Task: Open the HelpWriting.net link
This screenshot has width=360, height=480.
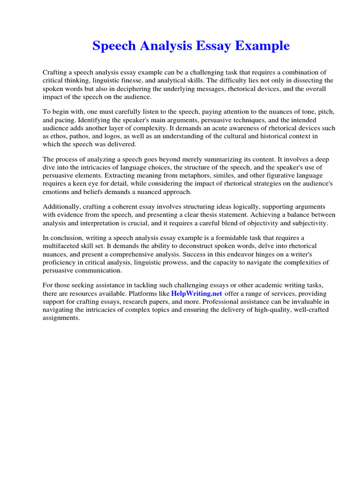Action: (197, 293)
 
